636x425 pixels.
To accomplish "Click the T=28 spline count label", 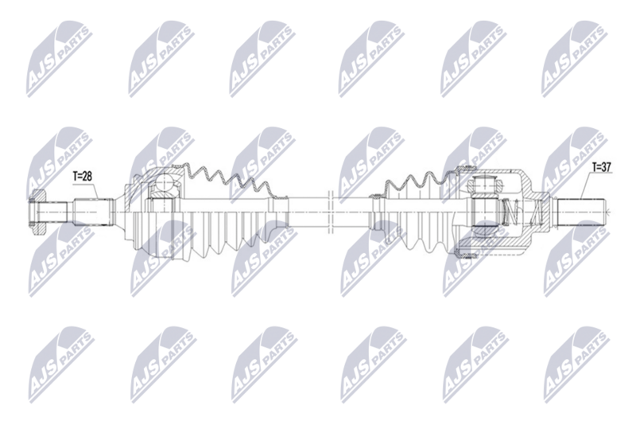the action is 83,176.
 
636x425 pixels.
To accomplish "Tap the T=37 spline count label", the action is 602,167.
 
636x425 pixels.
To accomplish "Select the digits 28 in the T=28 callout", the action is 87,176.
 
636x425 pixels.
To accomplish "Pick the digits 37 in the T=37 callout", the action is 607,167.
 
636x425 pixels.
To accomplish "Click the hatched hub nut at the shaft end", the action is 37,212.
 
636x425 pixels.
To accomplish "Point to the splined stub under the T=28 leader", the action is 92,212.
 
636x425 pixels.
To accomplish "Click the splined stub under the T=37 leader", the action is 580,212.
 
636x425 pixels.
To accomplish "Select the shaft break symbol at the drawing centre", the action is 330,212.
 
